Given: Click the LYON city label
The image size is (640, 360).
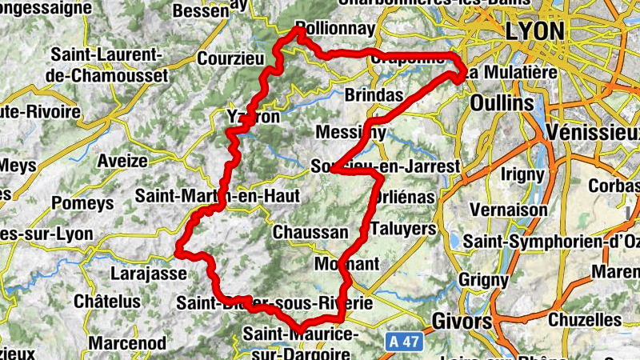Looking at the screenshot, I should point(535,30).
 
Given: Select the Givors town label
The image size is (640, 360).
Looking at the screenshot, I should point(461,321).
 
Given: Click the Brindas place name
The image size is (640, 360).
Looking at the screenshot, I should point(374,94).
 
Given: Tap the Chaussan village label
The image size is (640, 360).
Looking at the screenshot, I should point(310,232).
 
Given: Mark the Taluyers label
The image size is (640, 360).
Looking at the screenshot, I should point(403,227).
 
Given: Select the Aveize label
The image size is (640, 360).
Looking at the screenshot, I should point(122,161).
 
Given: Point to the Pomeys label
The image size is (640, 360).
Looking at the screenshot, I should point(82,203).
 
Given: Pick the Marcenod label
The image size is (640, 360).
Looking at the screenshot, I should point(127,343).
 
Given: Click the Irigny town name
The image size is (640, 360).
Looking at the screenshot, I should point(522,173).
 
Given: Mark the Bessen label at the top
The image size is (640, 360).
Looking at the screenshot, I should point(201,12).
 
